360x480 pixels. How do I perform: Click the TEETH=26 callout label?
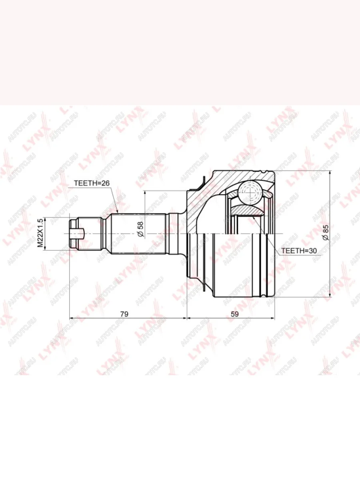pyautogui.click(x=92, y=183)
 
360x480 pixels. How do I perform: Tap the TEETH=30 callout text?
pyautogui.click(x=299, y=251)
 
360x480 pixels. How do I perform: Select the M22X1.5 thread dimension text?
pyautogui.click(x=40, y=233)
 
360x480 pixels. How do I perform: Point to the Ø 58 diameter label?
pyautogui.click(x=140, y=229)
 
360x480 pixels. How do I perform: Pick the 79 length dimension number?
pyautogui.click(x=124, y=314)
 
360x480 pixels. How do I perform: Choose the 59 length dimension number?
pyautogui.click(x=234, y=314)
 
